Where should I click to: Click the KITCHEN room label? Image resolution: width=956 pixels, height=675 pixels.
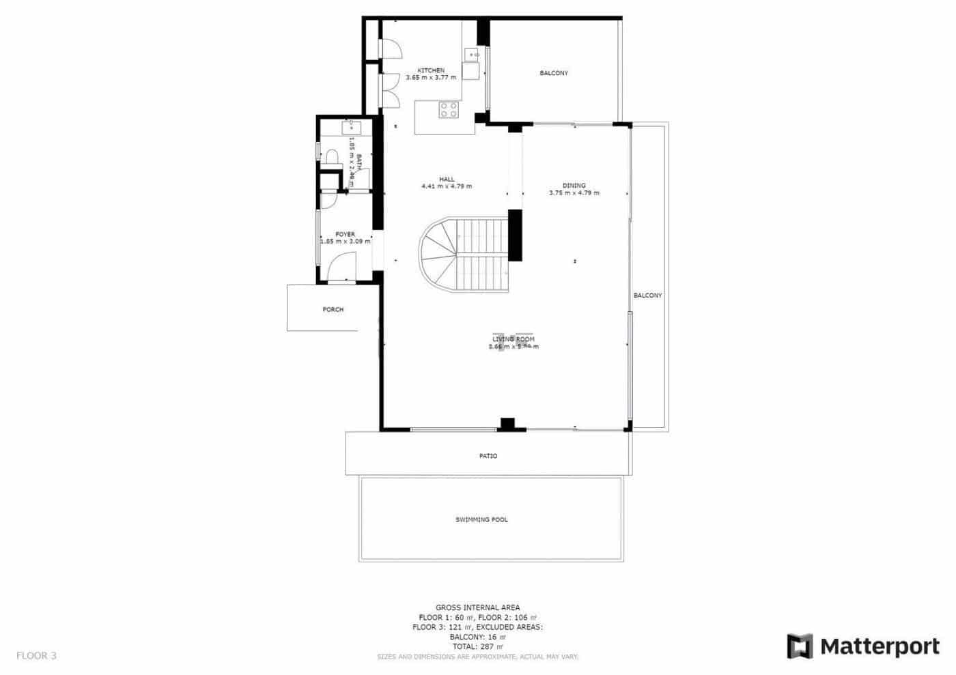pos(431,70)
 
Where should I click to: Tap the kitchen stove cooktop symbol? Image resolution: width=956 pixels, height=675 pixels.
pos(449,110)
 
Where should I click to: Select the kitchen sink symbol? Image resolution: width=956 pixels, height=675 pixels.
pos(472,53)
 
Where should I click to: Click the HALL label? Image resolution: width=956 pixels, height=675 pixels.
pos(447,179)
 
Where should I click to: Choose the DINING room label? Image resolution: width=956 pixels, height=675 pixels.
pos(574,186)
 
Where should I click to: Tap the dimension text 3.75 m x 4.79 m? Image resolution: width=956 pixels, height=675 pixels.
pos(574,193)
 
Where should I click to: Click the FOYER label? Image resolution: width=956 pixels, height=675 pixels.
pos(345,234)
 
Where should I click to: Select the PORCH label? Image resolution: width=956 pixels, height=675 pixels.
pos(333,310)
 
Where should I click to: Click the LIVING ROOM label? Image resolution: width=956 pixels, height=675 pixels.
pos(514,339)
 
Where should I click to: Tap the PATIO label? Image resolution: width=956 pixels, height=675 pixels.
pos(488,456)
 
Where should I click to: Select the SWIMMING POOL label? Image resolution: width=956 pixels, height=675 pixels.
pos(481,520)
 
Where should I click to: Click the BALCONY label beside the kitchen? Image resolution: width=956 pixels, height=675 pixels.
pos(553,73)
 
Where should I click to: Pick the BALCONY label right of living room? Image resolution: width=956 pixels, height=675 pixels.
pos(647,296)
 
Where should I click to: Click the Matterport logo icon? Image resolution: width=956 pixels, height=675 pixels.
pos(800,646)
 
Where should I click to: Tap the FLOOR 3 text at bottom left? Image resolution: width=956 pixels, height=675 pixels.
pos(36,656)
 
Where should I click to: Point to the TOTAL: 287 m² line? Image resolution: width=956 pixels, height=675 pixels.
pos(477,646)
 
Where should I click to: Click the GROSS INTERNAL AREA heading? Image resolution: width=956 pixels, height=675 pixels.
pos(477,607)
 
